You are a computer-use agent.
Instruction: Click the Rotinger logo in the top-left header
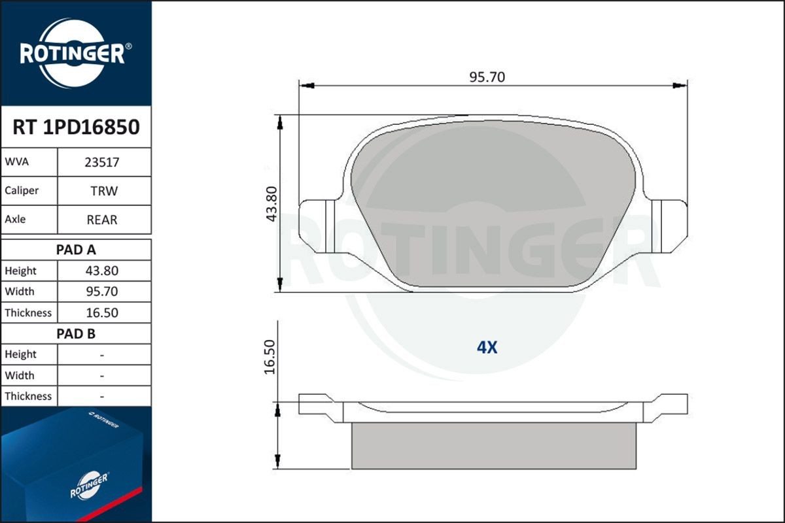click(75, 53)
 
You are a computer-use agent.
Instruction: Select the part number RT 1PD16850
click(76, 127)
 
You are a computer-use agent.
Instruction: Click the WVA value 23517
click(101, 162)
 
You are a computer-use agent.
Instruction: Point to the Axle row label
click(15, 220)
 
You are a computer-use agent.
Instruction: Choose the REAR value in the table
click(102, 220)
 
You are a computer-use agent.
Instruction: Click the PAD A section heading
click(76, 250)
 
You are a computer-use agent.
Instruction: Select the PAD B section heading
click(76, 333)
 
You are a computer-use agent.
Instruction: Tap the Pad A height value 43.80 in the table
click(102, 271)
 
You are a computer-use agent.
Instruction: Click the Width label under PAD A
click(20, 292)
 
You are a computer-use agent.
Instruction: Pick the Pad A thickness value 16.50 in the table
click(102, 312)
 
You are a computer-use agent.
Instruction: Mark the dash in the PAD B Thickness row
click(102, 396)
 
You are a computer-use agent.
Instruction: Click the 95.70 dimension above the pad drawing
click(487, 77)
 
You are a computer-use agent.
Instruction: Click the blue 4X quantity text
click(487, 347)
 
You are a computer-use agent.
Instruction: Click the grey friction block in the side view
click(494, 446)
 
